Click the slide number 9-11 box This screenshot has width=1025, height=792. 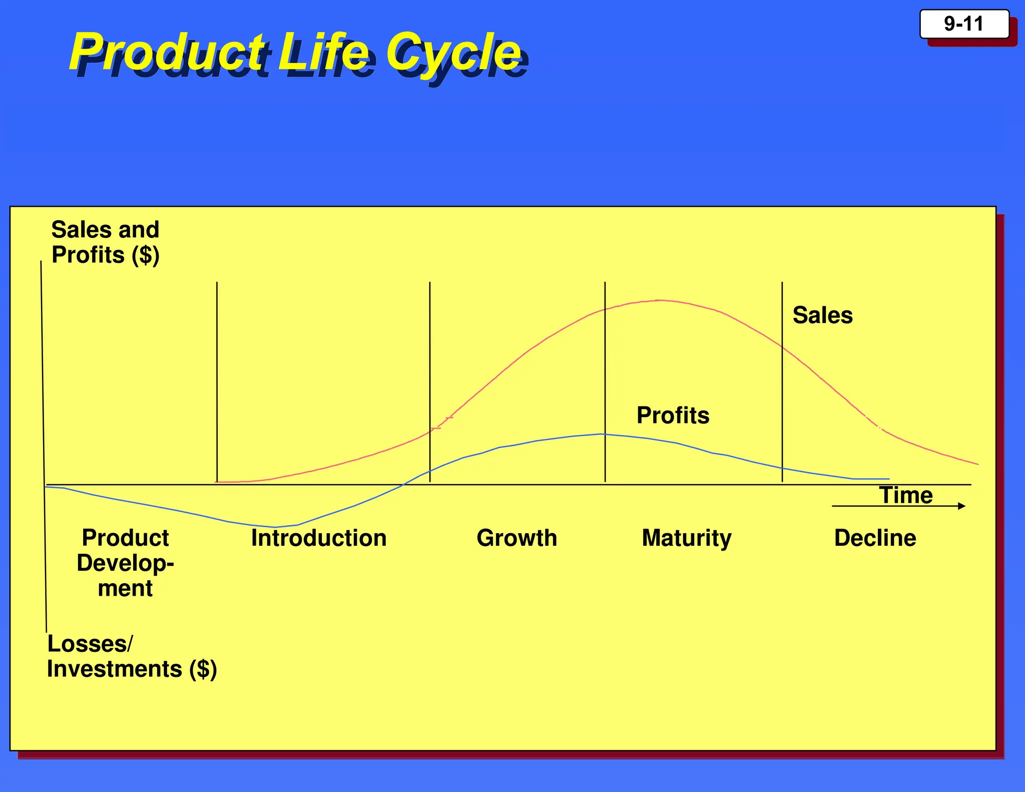(964, 24)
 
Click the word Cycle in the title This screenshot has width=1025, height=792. (453, 52)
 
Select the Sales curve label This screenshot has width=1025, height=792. (822, 315)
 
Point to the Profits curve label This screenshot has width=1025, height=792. (673, 415)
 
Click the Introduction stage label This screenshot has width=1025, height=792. (319, 538)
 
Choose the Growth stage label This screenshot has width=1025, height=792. (517, 538)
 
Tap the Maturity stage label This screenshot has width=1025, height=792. (686, 538)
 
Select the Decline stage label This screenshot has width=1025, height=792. (875, 538)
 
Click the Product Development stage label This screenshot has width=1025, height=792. (125, 563)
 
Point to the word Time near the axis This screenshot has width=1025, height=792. (906, 495)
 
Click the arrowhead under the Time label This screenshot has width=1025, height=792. (961, 506)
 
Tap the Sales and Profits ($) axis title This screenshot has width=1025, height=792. (105, 242)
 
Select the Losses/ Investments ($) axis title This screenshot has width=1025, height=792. (131, 656)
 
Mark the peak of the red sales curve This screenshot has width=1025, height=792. (660, 300)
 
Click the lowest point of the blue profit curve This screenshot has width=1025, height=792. (274, 527)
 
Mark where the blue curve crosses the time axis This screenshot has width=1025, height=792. (403, 484)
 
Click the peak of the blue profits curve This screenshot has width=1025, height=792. (602, 434)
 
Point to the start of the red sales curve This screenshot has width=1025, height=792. (217, 482)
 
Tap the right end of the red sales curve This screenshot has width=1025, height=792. (977, 464)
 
